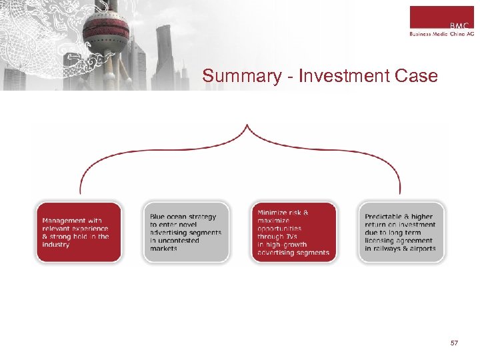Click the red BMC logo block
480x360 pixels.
(x=441, y=17)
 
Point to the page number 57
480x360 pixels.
(x=454, y=343)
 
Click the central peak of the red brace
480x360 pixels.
(x=247, y=127)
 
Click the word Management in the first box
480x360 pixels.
(x=63, y=221)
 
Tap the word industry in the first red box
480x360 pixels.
(x=56, y=245)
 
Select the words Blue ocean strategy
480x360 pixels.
(x=183, y=217)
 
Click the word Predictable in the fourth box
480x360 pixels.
(x=383, y=217)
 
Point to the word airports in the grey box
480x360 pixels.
(x=422, y=249)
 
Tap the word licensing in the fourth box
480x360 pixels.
(x=379, y=241)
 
